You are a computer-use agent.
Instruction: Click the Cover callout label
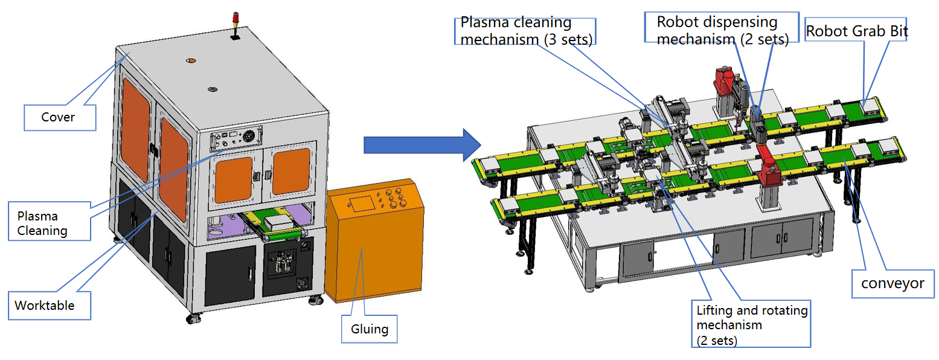59,117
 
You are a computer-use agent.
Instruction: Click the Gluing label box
369,329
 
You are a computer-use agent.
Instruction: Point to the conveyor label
892,283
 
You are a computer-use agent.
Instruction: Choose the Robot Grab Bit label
856,31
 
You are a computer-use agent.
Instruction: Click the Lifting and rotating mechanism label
751,325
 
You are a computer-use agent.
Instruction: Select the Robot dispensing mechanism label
723,31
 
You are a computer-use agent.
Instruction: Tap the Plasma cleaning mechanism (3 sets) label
525,31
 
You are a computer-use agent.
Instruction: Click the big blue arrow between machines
421,145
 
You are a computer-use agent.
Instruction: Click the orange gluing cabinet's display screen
361,203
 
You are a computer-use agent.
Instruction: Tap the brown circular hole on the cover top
191,61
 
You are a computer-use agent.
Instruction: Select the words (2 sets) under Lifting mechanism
717,340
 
